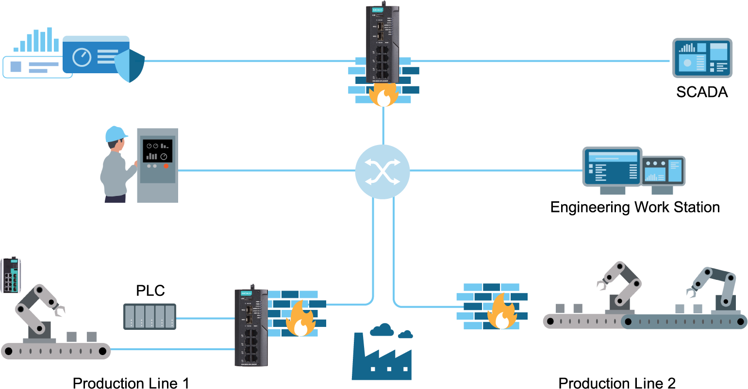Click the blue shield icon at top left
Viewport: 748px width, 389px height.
[x=130, y=66]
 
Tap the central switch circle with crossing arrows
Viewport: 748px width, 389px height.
[x=382, y=172]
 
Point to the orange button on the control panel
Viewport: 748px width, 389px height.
[x=166, y=166]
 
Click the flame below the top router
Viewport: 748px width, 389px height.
[x=383, y=95]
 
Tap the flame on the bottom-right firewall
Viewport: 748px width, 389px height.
[x=501, y=313]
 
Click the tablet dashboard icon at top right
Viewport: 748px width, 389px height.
[x=702, y=58]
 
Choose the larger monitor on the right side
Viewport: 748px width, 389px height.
[x=612, y=167]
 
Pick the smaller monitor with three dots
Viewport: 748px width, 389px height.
[x=663, y=171]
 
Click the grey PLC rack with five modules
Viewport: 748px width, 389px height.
[x=150, y=316]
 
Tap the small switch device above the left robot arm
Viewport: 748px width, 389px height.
[x=11, y=275]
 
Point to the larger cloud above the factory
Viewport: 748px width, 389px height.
[x=382, y=330]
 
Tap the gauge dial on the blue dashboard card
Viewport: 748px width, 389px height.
[x=82, y=57]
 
